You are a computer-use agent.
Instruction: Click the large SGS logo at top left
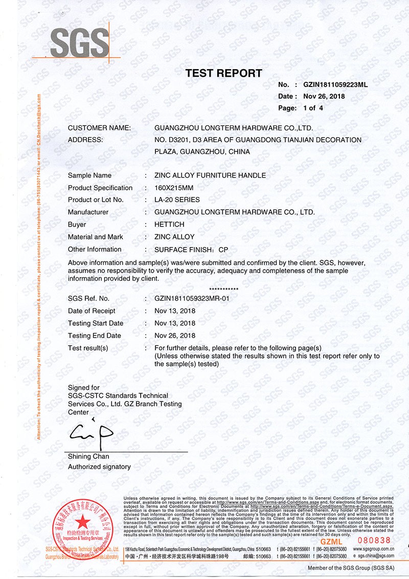click(x=80, y=43)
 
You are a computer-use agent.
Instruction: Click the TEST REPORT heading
click(x=223, y=73)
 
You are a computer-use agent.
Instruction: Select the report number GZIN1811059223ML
click(x=335, y=84)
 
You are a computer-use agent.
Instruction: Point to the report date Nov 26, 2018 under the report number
click(x=324, y=96)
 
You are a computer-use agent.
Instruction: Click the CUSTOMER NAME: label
click(x=99, y=127)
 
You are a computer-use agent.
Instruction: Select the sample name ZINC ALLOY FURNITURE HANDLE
click(x=210, y=175)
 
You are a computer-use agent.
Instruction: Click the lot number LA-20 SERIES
click(x=177, y=199)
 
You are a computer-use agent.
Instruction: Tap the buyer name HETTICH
click(x=169, y=225)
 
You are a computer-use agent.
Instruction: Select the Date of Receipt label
click(x=92, y=311)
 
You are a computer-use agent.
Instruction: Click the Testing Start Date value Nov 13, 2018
click(x=175, y=323)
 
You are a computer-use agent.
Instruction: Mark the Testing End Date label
click(x=95, y=336)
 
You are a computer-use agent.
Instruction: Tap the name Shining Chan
click(x=88, y=456)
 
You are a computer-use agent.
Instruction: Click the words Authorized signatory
click(x=99, y=466)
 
